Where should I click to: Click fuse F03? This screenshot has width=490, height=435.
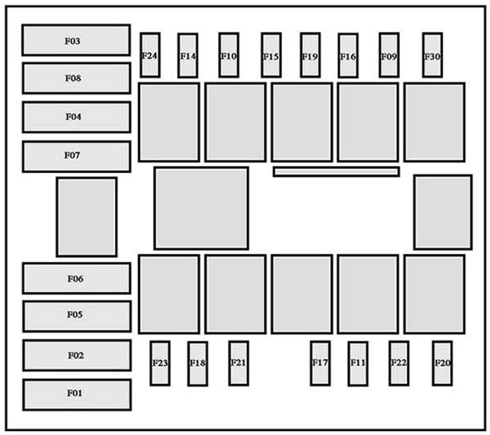(76, 40)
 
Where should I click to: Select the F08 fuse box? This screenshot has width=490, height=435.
(76, 78)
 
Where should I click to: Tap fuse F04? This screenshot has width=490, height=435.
(76, 117)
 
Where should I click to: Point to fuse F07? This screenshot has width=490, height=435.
(76, 157)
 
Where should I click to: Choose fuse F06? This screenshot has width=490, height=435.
(76, 278)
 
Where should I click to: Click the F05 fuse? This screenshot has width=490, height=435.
(76, 316)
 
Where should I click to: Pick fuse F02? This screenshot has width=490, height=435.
(76, 355)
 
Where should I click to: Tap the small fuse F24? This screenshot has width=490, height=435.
(150, 55)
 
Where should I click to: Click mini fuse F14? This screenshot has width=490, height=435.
(188, 56)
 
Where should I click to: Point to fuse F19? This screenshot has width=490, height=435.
(310, 55)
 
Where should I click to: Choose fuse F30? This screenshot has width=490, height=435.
(432, 55)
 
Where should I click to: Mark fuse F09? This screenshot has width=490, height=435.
(389, 55)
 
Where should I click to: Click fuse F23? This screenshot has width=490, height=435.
(160, 363)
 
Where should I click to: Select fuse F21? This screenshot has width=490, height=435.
(238, 363)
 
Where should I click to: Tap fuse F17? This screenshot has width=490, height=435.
(320, 363)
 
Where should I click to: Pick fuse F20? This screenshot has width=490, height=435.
(442, 363)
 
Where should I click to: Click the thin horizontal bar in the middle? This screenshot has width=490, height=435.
(336, 172)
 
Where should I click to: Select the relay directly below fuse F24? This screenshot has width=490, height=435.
(169, 122)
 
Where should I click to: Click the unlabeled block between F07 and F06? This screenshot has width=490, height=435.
(86, 217)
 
